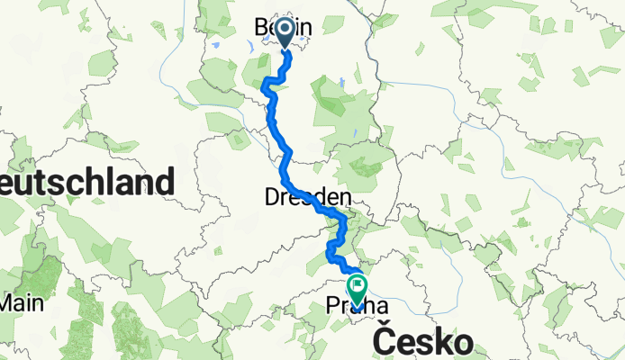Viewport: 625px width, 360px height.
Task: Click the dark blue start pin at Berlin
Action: tap(285, 31)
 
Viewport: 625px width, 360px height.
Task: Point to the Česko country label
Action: tap(422, 341)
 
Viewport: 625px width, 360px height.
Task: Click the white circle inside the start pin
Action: tap(285, 29)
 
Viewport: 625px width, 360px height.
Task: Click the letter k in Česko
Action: tap(439, 341)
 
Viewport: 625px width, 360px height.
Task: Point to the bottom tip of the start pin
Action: tap(285, 49)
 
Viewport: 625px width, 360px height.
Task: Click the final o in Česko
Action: tap(461, 343)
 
